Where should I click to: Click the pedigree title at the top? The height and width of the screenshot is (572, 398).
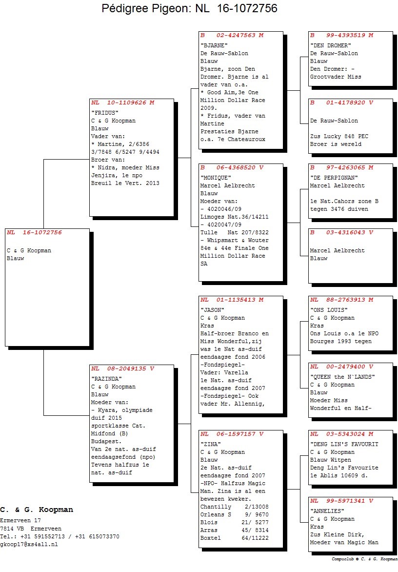pos(189,8)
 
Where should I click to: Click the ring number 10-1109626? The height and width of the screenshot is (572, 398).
pos(126,102)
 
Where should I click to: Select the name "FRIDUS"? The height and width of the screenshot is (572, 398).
pos(104,113)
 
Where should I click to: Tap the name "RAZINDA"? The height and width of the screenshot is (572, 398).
pos(106,379)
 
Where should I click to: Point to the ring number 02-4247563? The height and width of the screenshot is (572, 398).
pos(236,35)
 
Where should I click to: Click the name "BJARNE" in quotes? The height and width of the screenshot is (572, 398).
pos(214,45)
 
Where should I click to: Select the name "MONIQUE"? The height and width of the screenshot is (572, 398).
pos(216,178)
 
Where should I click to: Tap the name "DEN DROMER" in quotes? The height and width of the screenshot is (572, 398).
pos(331,45)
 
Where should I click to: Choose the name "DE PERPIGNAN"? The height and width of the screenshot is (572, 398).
pos(334,178)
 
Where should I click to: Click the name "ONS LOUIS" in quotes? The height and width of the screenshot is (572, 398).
pos(329,310)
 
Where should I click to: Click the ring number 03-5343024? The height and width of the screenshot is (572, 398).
pos(345,434)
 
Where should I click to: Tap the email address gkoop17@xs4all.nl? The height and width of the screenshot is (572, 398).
pos(29,544)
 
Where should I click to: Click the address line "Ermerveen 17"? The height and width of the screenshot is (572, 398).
pos(20,520)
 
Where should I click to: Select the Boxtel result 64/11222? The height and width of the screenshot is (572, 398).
pos(255,538)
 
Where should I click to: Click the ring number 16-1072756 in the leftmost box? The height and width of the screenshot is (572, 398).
pos(42,232)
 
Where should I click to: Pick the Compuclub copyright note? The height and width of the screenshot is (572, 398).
pos(364,559)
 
